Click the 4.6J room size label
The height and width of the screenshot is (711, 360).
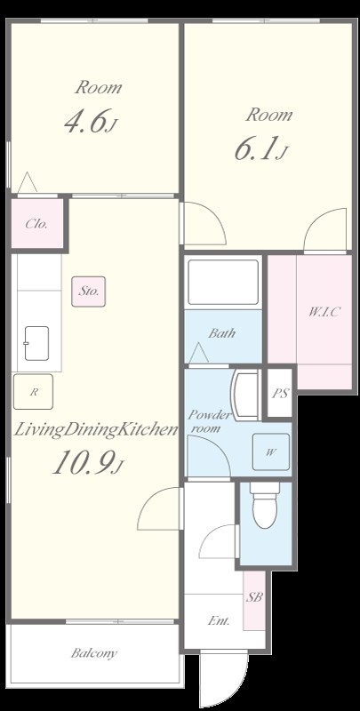pyautogui.click(x=91, y=122)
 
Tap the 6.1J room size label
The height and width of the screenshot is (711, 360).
pyautogui.click(x=261, y=149)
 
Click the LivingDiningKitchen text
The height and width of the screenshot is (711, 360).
pyautogui.click(x=95, y=429)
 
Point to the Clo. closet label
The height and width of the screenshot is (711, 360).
pyautogui.click(x=36, y=224)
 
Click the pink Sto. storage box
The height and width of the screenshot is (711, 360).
pyautogui.click(x=88, y=292)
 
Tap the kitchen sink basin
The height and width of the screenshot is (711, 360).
pyautogui.click(x=36, y=343)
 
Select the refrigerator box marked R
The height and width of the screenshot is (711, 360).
pyautogui.click(x=33, y=392)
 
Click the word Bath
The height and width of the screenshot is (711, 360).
pyautogui.click(x=221, y=333)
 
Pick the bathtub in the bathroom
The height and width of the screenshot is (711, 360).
pyautogui.click(x=223, y=282)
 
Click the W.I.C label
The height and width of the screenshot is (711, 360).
pyautogui.click(x=324, y=312)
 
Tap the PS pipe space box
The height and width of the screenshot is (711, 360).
pyautogui.click(x=280, y=394)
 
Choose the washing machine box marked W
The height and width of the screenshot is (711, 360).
pyautogui.click(x=271, y=451)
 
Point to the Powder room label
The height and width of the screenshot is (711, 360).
pyautogui.click(x=210, y=421)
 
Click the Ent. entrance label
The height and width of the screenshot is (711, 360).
pyautogui.click(x=219, y=620)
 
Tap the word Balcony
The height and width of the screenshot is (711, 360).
pyautogui.click(x=94, y=653)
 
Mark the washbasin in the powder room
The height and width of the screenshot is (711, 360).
pyautogui.click(x=245, y=395)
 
